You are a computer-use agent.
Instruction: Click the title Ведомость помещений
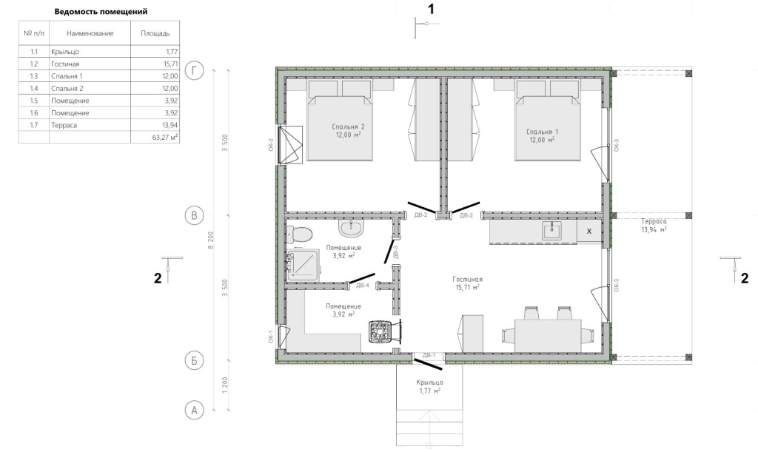click(x=101, y=12)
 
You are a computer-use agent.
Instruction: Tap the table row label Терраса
click(x=64, y=125)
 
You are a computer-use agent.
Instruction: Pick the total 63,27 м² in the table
click(x=165, y=137)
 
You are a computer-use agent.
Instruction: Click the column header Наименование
click(x=90, y=33)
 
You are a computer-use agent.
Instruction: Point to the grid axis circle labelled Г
click(x=195, y=70)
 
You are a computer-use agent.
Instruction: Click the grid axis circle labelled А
click(x=195, y=411)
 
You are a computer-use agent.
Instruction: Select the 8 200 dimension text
click(x=211, y=240)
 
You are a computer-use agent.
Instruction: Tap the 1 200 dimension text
click(x=225, y=385)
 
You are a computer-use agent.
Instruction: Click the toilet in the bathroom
click(x=300, y=235)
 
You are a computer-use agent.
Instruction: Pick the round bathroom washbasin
click(x=350, y=228)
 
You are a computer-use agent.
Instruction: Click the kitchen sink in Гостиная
click(x=551, y=231)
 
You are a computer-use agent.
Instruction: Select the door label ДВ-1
click(x=429, y=355)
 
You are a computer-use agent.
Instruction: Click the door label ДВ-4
click(x=363, y=286)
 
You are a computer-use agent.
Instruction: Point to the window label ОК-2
click(x=271, y=145)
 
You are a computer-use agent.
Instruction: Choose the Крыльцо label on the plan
click(x=430, y=382)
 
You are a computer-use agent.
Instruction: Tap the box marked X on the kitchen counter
click(x=588, y=232)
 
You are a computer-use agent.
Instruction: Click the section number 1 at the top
click(x=432, y=9)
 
